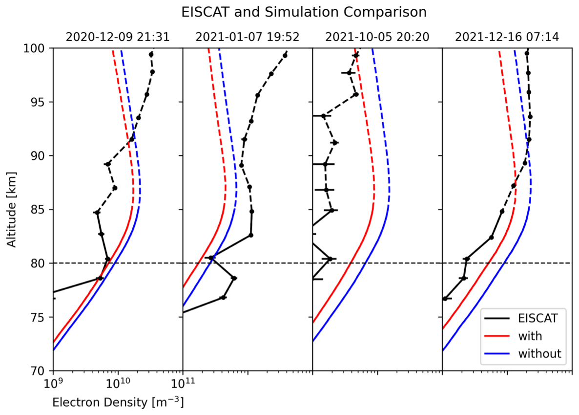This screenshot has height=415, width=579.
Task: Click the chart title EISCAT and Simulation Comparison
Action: click(x=304, y=12)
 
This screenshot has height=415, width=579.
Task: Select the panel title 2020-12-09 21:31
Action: click(x=118, y=37)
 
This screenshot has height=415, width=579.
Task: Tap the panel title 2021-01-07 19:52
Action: click(x=248, y=37)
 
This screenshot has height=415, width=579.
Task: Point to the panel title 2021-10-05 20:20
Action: click(x=377, y=37)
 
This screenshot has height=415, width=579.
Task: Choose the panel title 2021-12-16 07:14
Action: click(x=507, y=37)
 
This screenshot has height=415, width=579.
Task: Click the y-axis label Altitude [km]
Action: click(x=12, y=209)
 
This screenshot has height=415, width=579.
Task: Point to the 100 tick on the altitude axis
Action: click(x=38, y=48)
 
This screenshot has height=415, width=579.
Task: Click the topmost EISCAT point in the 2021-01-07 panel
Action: click(x=285, y=55)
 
